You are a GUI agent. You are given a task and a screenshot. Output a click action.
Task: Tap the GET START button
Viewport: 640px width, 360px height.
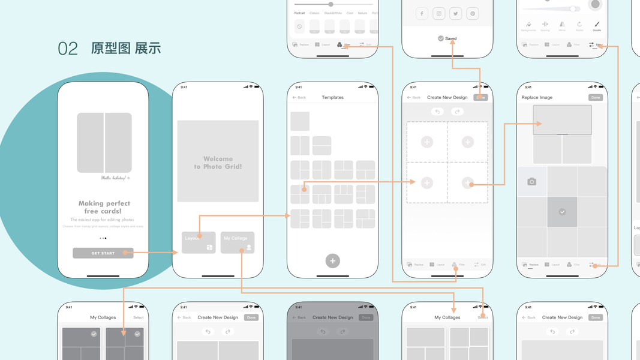pos(103,253)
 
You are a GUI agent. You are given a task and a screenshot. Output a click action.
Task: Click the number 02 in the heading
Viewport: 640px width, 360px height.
pos(68,49)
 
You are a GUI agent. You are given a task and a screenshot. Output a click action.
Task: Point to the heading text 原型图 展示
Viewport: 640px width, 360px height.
pos(126,49)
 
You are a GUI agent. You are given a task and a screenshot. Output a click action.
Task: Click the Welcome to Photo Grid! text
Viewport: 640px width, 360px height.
pos(218,163)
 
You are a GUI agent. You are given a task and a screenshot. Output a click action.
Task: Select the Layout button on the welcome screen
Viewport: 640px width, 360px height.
pos(199,242)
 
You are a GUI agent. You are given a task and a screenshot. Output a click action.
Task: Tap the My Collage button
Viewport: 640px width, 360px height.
pos(238,242)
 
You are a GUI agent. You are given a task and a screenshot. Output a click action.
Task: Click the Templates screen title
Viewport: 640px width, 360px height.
pos(332,97)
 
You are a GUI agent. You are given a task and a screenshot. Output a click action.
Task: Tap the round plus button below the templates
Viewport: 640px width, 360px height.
pos(333,260)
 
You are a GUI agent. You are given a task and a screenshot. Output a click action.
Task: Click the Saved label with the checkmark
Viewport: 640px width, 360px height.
pos(447,38)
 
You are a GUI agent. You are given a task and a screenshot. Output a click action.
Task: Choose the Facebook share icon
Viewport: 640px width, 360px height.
pos(422,14)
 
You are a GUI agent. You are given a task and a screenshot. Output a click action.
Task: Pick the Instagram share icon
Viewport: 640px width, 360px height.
pos(439,14)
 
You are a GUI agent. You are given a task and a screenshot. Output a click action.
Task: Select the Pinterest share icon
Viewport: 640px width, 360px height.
pos(473,14)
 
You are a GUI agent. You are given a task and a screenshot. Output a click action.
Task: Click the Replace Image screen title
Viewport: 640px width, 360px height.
pos(537,97)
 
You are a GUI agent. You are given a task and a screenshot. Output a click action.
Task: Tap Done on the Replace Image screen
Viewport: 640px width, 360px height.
pos(595,97)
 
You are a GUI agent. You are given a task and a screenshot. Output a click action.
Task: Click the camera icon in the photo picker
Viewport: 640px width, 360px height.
pos(531,182)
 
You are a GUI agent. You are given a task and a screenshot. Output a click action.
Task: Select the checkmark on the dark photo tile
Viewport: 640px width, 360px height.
pos(562,212)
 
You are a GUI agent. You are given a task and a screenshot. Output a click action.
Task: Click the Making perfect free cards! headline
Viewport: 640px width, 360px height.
pos(104,207)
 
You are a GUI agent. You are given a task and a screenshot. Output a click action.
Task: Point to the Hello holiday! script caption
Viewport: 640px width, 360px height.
pos(115,178)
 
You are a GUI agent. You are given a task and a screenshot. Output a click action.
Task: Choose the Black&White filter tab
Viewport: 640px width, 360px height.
pos(333,13)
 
